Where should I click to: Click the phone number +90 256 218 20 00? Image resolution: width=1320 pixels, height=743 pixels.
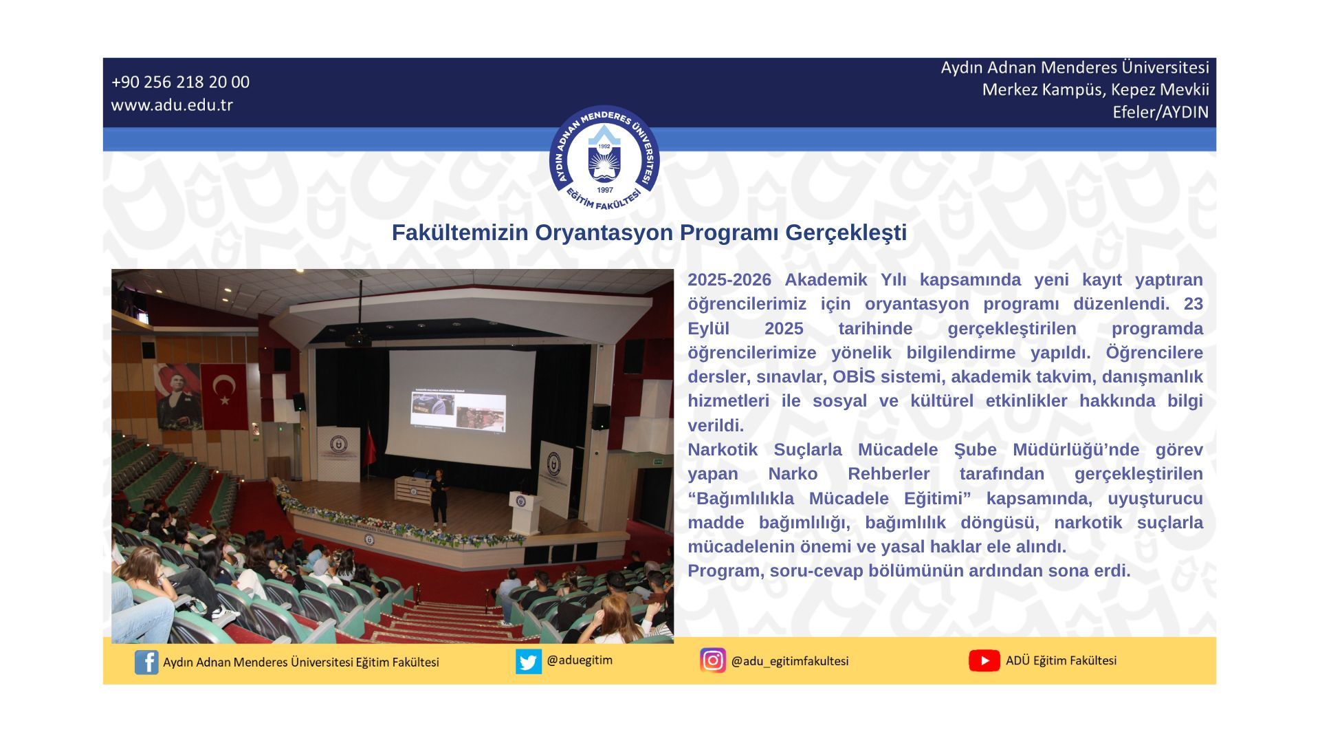click(x=180, y=82)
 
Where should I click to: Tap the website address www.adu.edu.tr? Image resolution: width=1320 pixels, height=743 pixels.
click(x=172, y=105)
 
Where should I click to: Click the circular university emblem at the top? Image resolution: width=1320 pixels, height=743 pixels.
click(x=604, y=160)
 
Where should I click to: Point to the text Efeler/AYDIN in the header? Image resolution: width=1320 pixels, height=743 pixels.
click(x=1160, y=112)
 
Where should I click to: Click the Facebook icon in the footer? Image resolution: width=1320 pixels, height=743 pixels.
click(x=146, y=662)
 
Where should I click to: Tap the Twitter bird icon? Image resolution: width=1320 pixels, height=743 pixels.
click(x=529, y=661)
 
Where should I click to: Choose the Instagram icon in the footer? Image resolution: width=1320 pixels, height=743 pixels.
click(x=713, y=660)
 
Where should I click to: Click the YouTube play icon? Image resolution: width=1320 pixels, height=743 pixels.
click(x=984, y=660)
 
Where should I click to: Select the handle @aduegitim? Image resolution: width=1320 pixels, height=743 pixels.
click(x=580, y=660)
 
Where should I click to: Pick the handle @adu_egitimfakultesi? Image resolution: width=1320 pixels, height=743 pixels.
click(x=790, y=661)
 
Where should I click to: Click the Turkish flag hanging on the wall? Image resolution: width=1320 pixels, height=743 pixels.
click(x=223, y=395)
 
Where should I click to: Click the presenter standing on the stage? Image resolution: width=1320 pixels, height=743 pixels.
click(x=439, y=497)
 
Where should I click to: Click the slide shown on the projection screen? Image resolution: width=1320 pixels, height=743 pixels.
click(x=459, y=411)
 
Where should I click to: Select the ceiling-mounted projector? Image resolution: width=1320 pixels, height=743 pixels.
click(x=357, y=338)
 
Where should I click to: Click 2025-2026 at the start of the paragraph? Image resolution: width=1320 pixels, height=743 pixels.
click(x=729, y=280)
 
